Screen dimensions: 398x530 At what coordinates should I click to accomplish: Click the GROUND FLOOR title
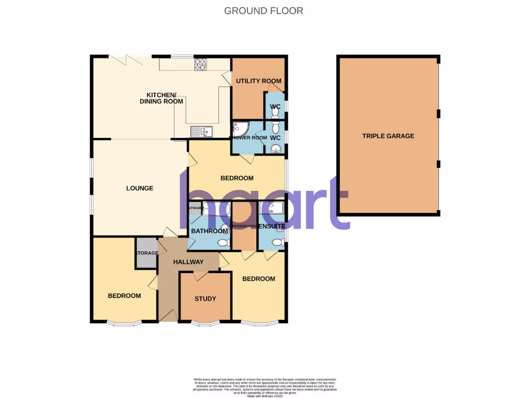263,10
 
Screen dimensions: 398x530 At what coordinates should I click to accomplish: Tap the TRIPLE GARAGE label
388,136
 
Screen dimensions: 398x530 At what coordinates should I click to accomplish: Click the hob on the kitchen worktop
200,64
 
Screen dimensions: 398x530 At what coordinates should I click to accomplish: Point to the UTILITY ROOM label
259,81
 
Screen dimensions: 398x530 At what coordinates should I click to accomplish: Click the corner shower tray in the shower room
241,129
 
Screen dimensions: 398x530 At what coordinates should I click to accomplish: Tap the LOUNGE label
140,188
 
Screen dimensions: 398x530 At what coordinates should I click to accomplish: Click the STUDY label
205,299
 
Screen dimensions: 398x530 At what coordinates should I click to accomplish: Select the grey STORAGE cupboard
146,253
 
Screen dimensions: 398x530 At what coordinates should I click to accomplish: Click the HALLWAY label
188,262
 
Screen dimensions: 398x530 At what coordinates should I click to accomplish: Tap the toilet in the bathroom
224,243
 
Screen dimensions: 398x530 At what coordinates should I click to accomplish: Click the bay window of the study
204,324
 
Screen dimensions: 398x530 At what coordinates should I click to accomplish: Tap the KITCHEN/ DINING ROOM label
161,98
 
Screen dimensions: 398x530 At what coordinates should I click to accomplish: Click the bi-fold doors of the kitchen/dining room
127,61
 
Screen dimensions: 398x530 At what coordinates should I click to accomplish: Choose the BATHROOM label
207,231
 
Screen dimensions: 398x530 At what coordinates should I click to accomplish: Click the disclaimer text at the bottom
264,386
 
